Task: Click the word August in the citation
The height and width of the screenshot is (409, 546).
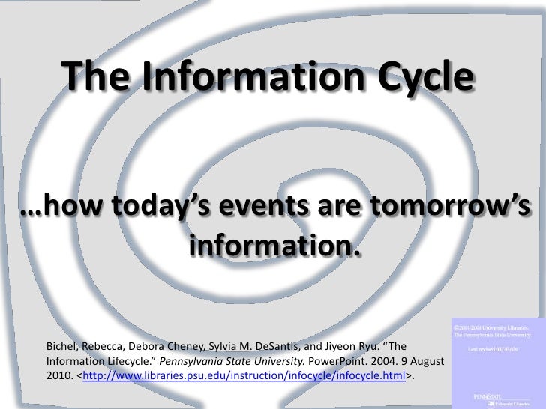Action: [x=424, y=361]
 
